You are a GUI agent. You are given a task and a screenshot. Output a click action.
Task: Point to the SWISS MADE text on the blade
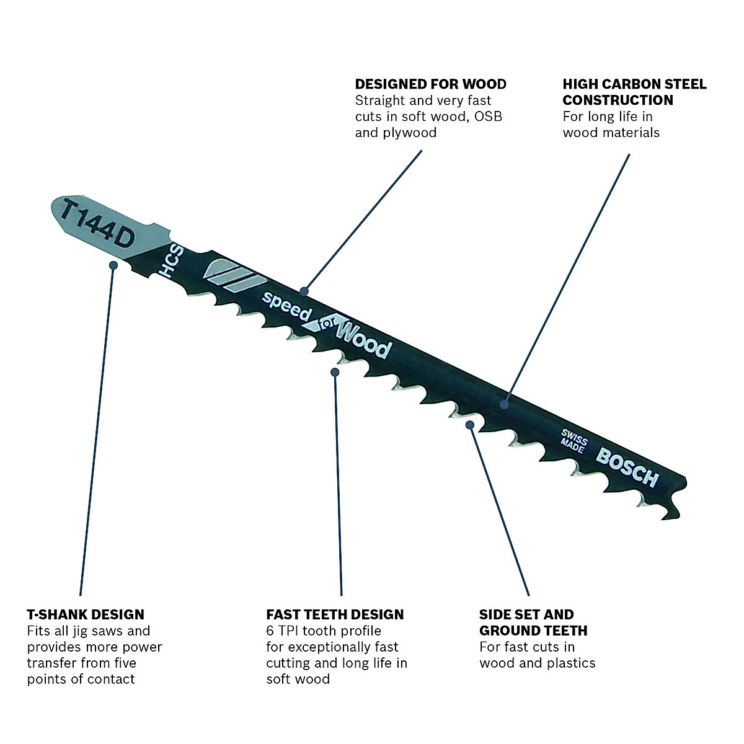pos(573,441)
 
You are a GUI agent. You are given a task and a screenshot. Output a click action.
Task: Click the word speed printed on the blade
pos(285,306)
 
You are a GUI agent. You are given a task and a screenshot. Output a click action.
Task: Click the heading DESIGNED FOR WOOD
pos(430,84)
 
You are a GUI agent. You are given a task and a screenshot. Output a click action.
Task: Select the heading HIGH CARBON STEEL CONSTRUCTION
pos(634,92)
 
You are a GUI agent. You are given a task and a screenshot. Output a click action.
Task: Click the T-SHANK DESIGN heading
pos(86,614)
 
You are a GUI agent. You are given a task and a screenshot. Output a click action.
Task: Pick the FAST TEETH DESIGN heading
pos(335,614)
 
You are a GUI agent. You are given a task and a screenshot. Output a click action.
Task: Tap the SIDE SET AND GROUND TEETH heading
pos(533,622)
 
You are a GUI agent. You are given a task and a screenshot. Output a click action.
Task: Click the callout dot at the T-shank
pos(113,265)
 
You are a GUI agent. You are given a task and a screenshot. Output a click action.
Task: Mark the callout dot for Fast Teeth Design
pos(335,372)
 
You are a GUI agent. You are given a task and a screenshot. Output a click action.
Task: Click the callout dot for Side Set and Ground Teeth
pos(471,425)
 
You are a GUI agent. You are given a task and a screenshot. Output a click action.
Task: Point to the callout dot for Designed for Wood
pos(304,290)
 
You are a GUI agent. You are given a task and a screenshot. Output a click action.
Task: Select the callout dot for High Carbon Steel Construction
pos(505,404)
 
